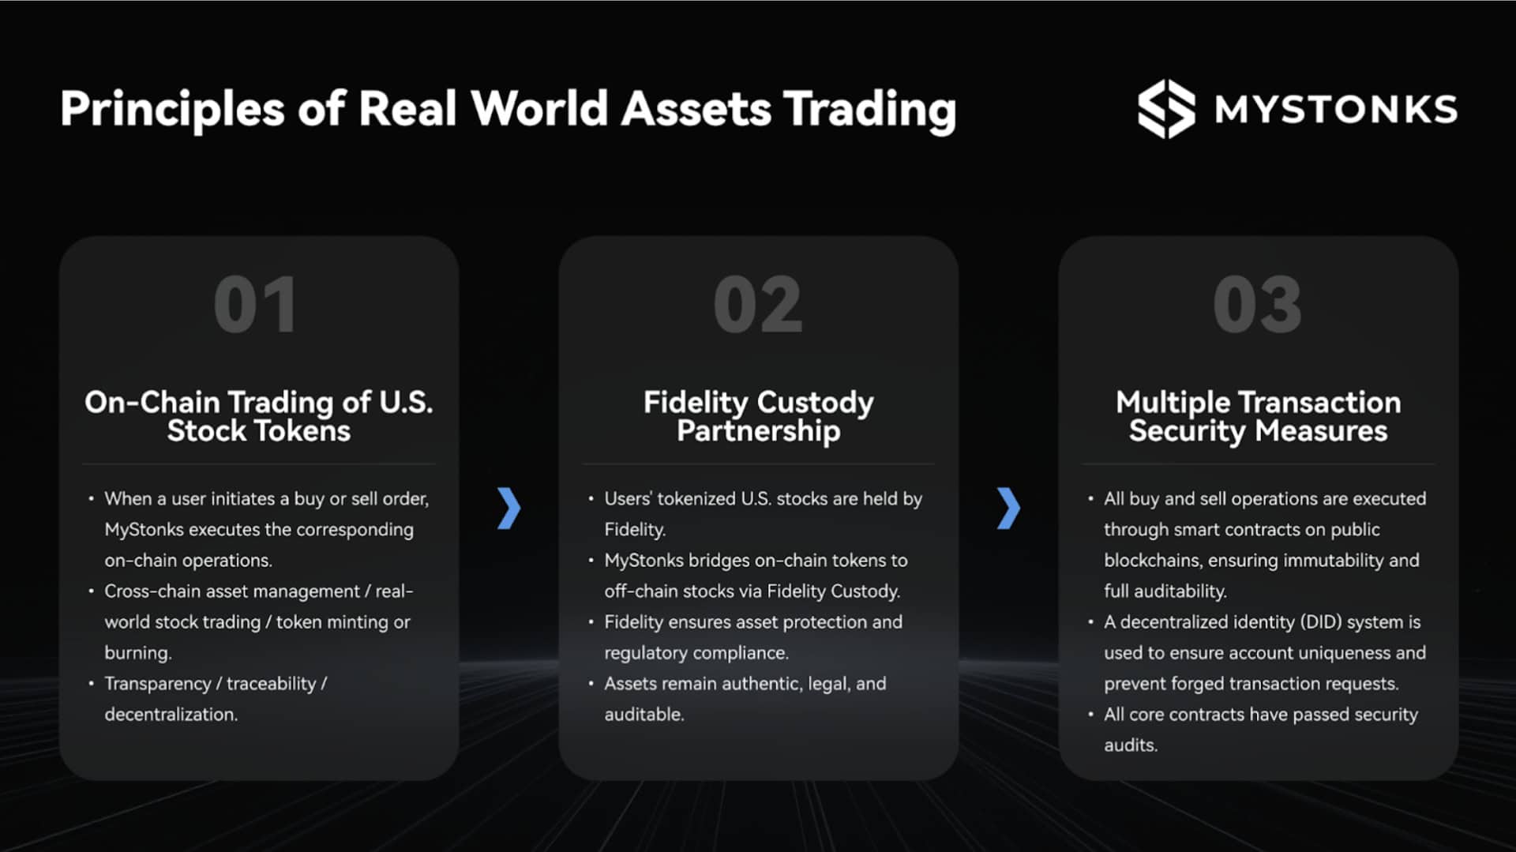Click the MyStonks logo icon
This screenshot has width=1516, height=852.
[x=1165, y=109]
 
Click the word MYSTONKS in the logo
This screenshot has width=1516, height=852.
[x=1336, y=110]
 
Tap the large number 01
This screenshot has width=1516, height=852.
[x=256, y=305]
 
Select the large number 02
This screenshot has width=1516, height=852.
[x=757, y=305]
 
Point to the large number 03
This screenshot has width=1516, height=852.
[x=1257, y=305]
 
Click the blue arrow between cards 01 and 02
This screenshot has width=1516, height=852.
[x=509, y=508]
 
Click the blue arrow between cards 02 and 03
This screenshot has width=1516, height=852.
[x=1008, y=508]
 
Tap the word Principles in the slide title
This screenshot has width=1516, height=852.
[x=172, y=109]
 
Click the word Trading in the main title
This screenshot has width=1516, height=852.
[x=869, y=109]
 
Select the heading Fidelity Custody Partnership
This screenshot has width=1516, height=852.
[x=758, y=416]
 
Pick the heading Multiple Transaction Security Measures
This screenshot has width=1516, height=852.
[x=1258, y=416]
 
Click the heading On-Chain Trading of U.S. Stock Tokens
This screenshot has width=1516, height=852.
[x=258, y=416]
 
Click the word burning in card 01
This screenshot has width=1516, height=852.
[x=137, y=653]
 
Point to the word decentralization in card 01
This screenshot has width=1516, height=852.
[x=171, y=715]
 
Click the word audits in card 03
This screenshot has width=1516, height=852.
[x=1130, y=745]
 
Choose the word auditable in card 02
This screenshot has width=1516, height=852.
[x=644, y=715]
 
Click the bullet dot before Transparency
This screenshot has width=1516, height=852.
[x=92, y=684]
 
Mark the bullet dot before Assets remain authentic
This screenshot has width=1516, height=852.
[x=591, y=684]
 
